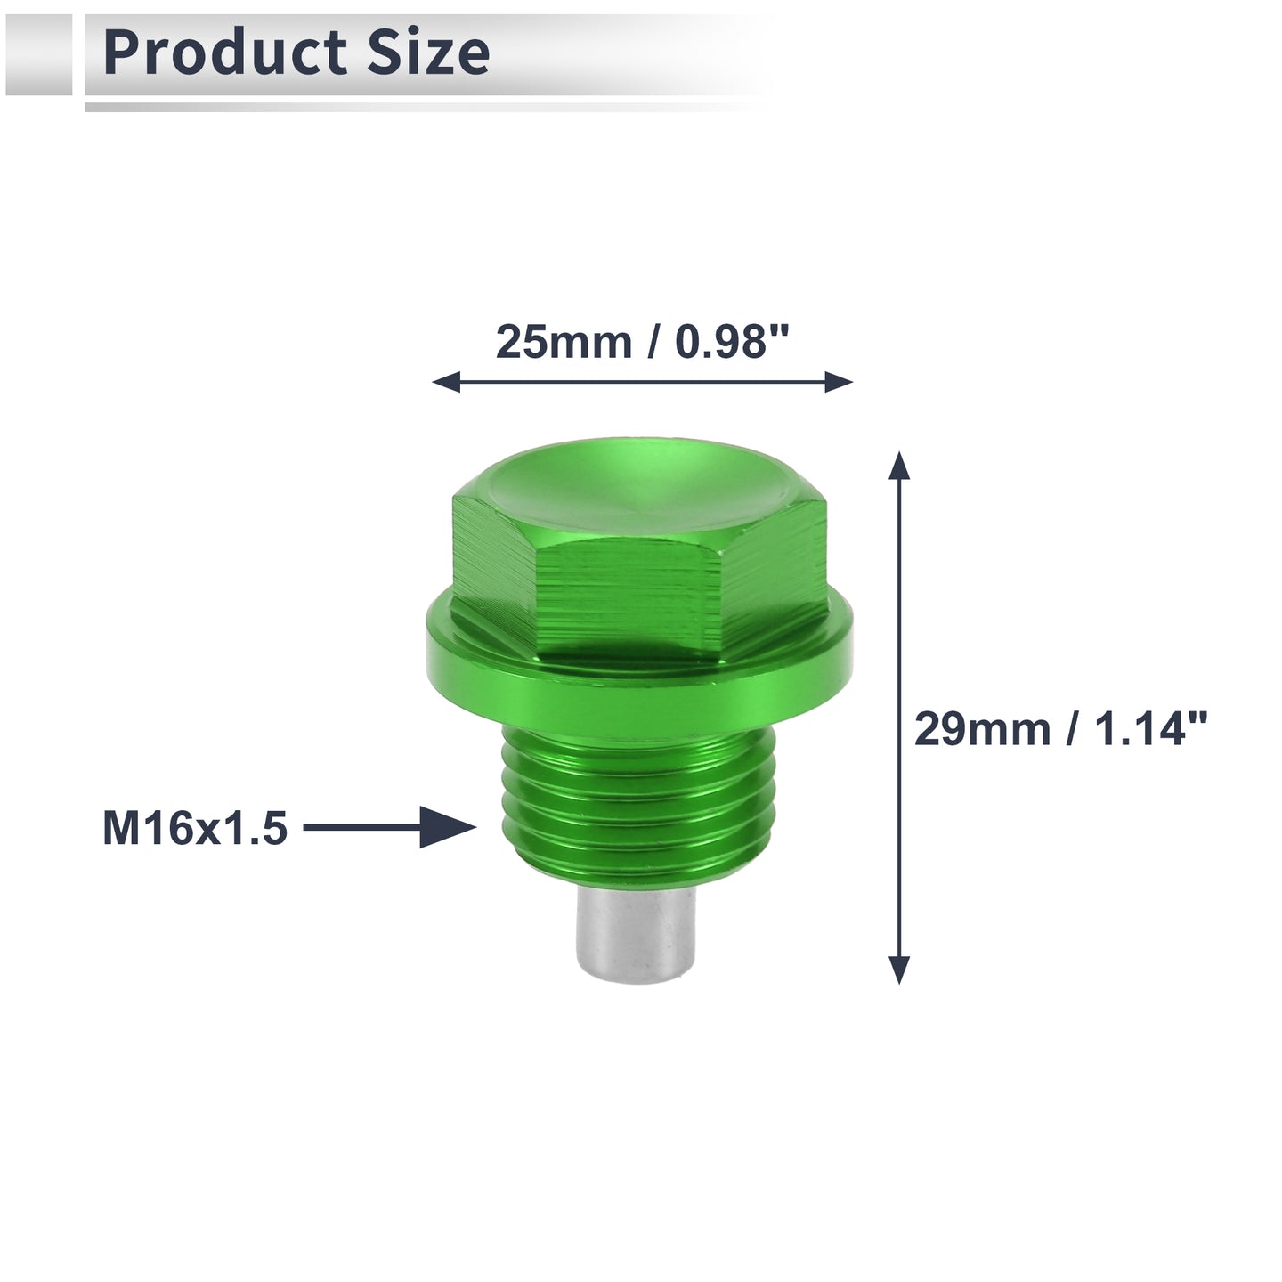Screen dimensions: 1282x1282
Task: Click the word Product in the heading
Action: (225, 53)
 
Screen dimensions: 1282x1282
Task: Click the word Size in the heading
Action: (428, 53)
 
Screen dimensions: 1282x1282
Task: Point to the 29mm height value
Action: (982, 729)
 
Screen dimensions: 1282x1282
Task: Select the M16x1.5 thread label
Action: (195, 828)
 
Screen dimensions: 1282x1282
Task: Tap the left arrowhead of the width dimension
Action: (446, 383)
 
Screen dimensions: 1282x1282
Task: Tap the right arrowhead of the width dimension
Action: (839, 383)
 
